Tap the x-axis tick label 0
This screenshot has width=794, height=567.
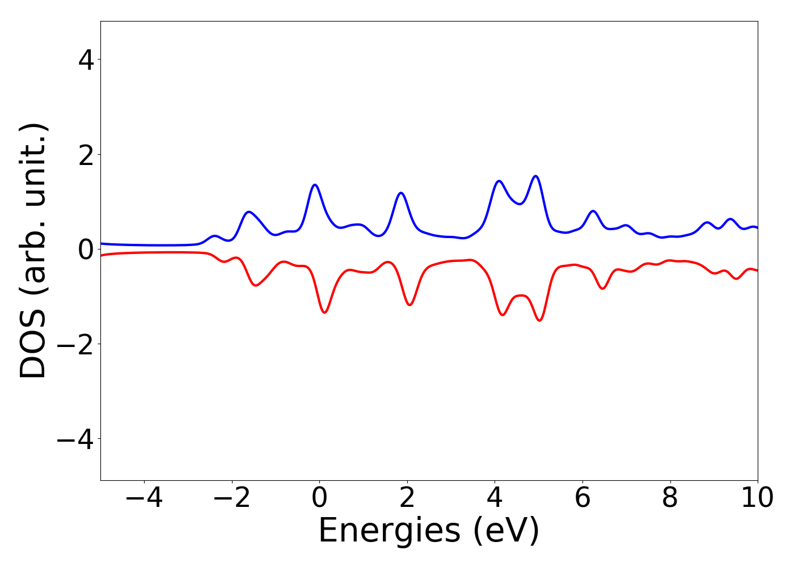pos(319,498)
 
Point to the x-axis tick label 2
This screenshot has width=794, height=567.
pos(407,498)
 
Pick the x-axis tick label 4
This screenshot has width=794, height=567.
pos(495,498)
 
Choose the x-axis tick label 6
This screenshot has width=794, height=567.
pos(582,498)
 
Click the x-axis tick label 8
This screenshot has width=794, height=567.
pos(670,498)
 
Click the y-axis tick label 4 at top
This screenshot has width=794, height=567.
pos(86,60)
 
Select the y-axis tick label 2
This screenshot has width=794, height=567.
pos(86,155)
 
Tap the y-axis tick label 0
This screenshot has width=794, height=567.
pos(86,249)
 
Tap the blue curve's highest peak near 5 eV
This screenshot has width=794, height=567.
pos(535,176)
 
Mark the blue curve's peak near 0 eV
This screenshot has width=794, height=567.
pos(315,185)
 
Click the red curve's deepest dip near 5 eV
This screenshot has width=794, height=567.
pos(539,320)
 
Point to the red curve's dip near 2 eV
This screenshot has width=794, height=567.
pos(409,305)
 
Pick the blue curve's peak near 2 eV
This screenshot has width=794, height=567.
pos(402,193)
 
